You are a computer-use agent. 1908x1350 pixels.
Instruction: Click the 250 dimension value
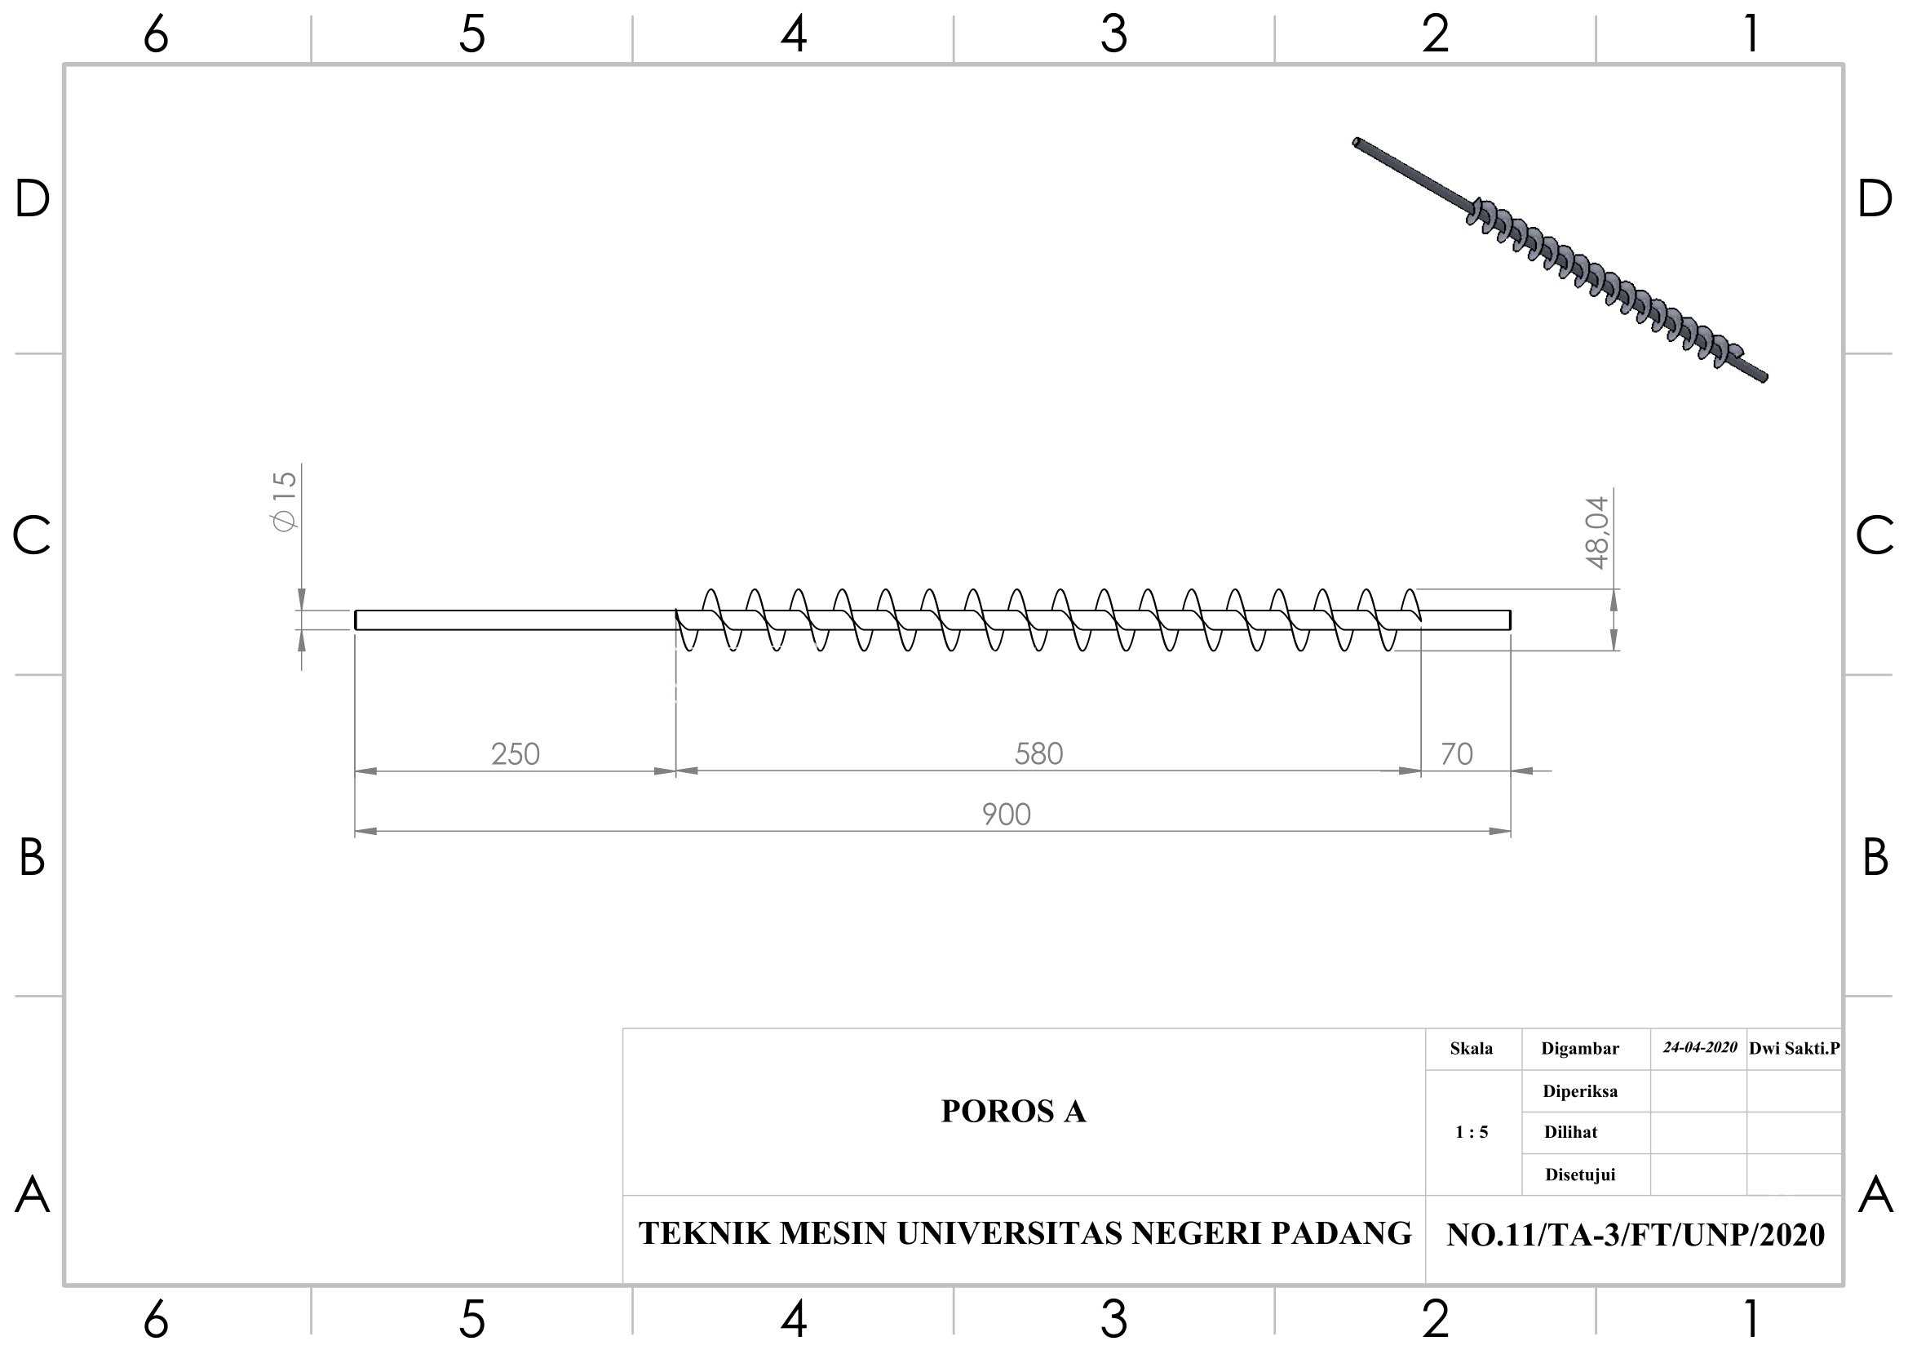click(516, 754)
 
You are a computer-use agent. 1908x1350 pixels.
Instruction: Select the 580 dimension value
click(1038, 754)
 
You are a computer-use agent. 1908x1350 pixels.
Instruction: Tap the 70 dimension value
click(1457, 754)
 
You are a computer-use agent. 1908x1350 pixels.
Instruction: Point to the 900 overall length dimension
click(1007, 814)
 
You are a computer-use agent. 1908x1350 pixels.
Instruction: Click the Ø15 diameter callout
click(283, 501)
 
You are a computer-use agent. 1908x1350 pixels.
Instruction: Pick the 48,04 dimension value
click(1597, 532)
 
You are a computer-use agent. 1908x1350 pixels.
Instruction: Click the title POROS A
click(1013, 1112)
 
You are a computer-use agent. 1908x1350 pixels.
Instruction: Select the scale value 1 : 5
click(1471, 1131)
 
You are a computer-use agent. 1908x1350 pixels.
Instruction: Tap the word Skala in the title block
click(1471, 1048)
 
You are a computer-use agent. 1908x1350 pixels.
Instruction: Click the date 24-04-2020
click(1699, 1047)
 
